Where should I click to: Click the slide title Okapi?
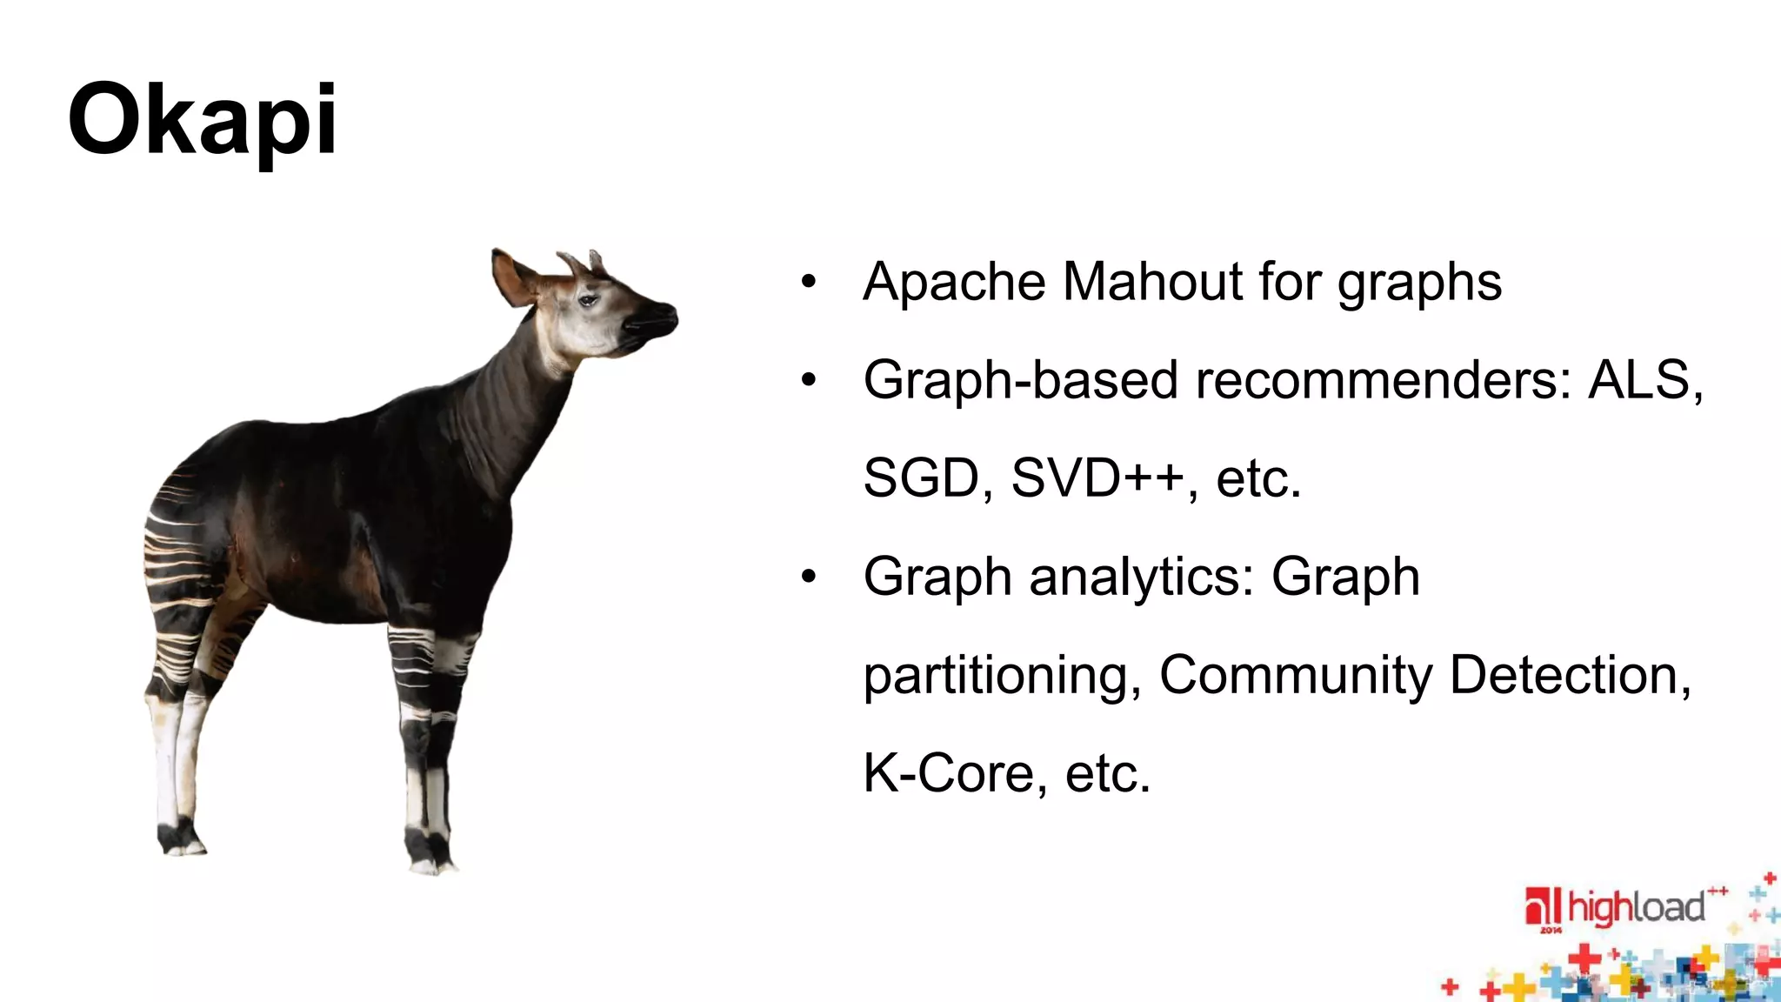click(202, 120)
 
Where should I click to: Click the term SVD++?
click(1097, 478)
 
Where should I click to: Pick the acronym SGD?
click(921, 478)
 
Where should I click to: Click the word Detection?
click(1570, 675)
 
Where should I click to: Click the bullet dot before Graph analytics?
click(809, 577)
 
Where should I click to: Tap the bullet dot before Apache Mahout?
click(809, 282)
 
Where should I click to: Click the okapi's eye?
click(589, 300)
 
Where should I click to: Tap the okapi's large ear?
click(513, 277)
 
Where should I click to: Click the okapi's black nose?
click(663, 315)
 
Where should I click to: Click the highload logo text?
click(1636, 908)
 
